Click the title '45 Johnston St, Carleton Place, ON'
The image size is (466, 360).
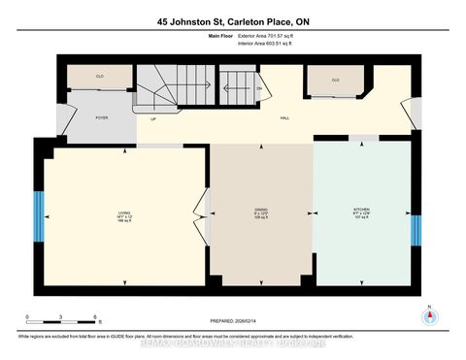233,20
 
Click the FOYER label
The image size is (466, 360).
101,117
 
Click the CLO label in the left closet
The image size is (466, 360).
99,75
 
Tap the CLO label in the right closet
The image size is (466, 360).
336,81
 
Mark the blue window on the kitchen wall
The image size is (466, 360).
415,230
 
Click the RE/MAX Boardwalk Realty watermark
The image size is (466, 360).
233,342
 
